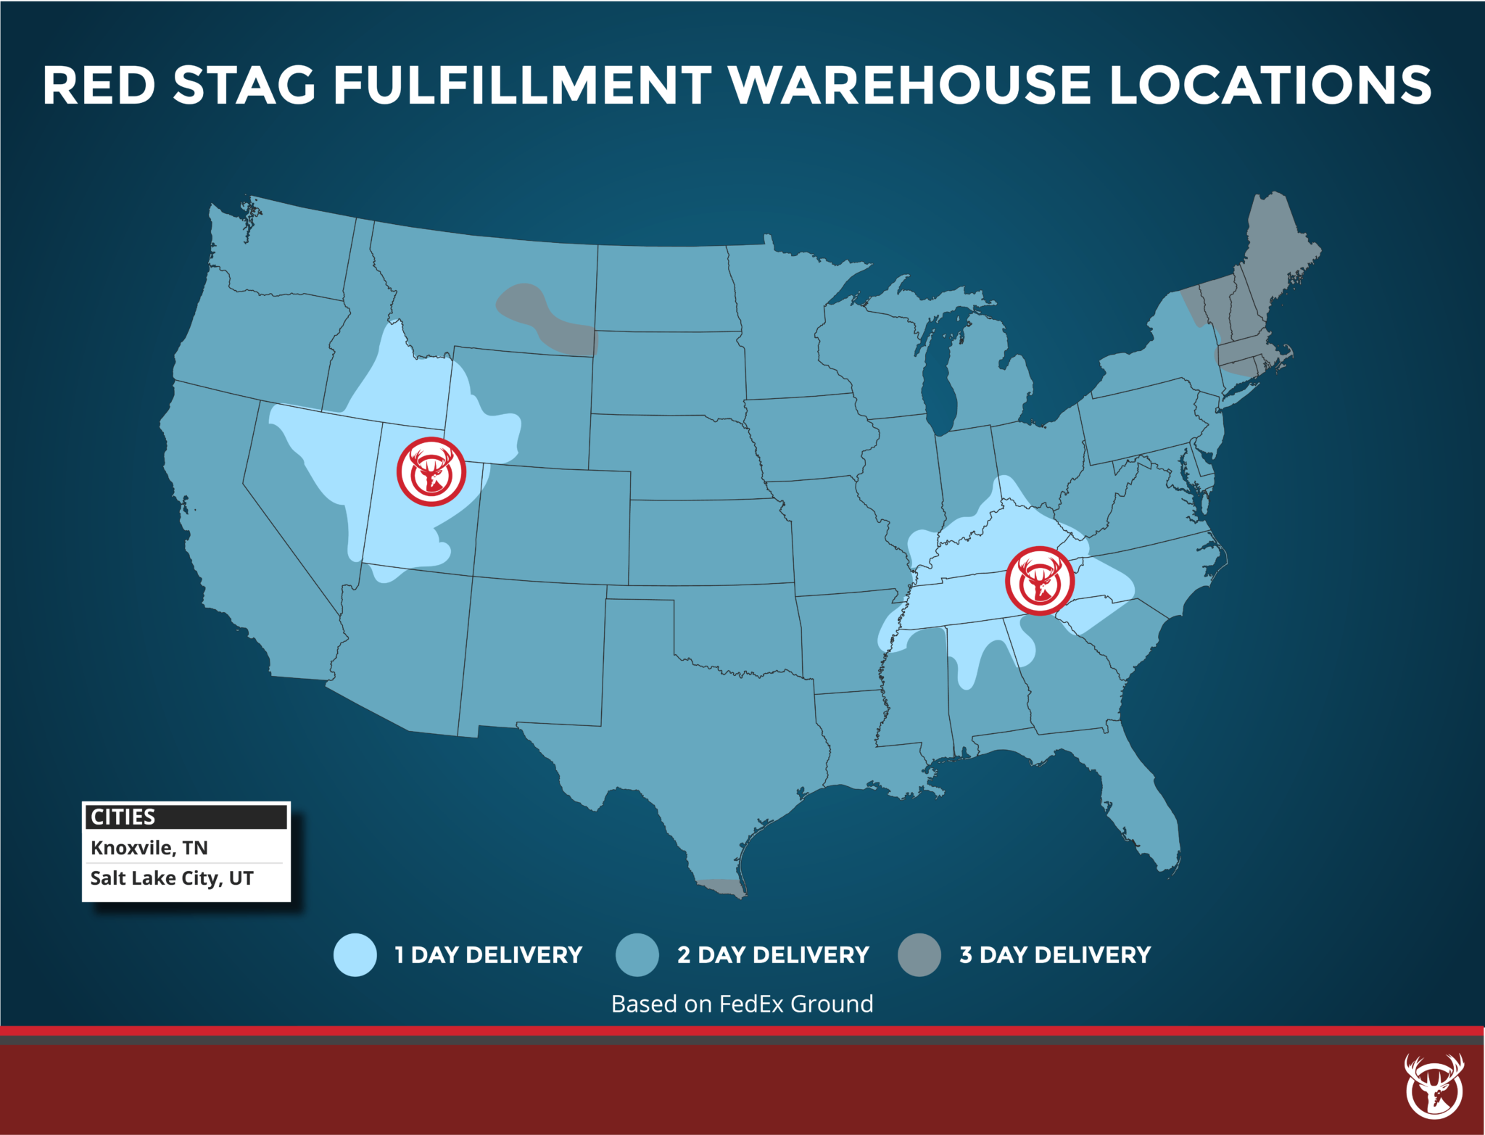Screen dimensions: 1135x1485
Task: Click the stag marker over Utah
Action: pyautogui.click(x=431, y=471)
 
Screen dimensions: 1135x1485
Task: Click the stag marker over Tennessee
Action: pyautogui.click(x=1039, y=581)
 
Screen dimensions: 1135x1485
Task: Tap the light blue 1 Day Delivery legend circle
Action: pyautogui.click(x=355, y=954)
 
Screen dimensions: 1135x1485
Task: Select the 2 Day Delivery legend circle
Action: pyautogui.click(x=637, y=954)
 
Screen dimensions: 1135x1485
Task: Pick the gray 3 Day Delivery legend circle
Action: pyautogui.click(x=919, y=954)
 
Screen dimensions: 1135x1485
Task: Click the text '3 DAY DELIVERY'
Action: pyautogui.click(x=1055, y=954)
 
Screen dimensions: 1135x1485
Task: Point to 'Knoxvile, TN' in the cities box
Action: pyautogui.click(x=149, y=848)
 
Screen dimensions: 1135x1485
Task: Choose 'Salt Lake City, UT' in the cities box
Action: pyautogui.click(x=172, y=878)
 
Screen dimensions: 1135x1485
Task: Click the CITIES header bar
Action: pyautogui.click(x=186, y=817)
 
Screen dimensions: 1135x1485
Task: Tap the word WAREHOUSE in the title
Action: pyautogui.click(x=909, y=86)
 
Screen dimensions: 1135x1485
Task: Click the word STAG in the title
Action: pyautogui.click(x=244, y=86)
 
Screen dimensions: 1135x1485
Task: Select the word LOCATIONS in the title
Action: pyautogui.click(x=1270, y=86)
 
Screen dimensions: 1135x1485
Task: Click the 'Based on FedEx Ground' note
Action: pyautogui.click(x=742, y=1004)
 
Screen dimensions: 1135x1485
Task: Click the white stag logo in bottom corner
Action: pyautogui.click(x=1434, y=1086)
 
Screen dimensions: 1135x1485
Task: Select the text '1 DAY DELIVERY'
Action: pyautogui.click(x=488, y=954)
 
